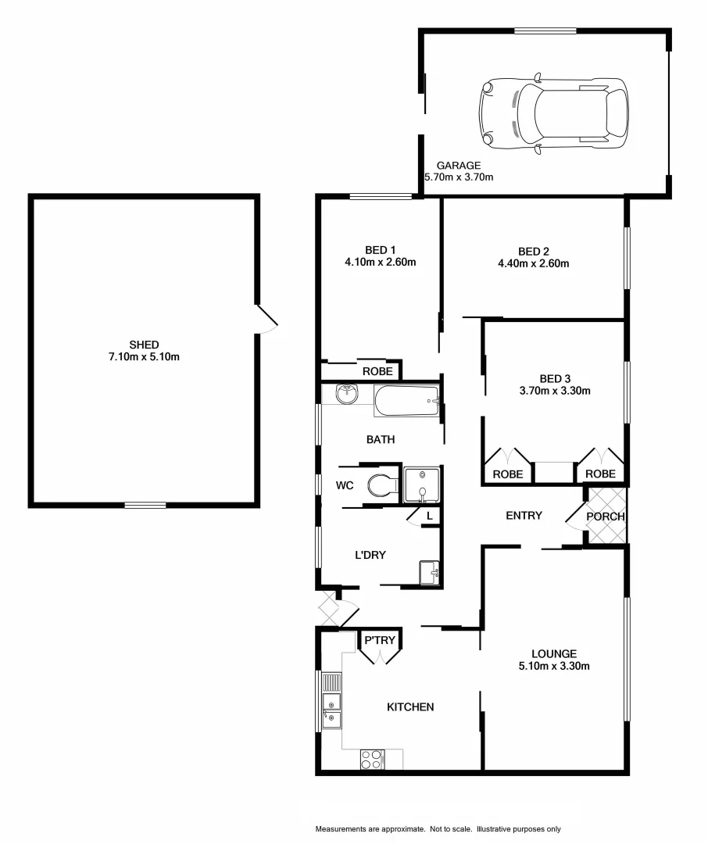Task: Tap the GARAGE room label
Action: (x=458, y=165)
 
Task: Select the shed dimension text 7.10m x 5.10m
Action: (x=145, y=357)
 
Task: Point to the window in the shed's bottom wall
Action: (x=145, y=505)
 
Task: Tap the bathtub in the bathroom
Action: (x=407, y=402)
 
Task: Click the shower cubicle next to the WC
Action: (x=422, y=485)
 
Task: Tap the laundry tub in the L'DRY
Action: (x=429, y=573)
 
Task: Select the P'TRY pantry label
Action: (x=380, y=641)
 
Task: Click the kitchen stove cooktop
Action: (x=372, y=759)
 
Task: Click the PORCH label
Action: (x=606, y=516)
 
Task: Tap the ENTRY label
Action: (x=524, y=515)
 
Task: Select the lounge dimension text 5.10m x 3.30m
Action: (x=553, y=667)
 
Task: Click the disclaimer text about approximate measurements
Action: (x=438, y=828)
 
